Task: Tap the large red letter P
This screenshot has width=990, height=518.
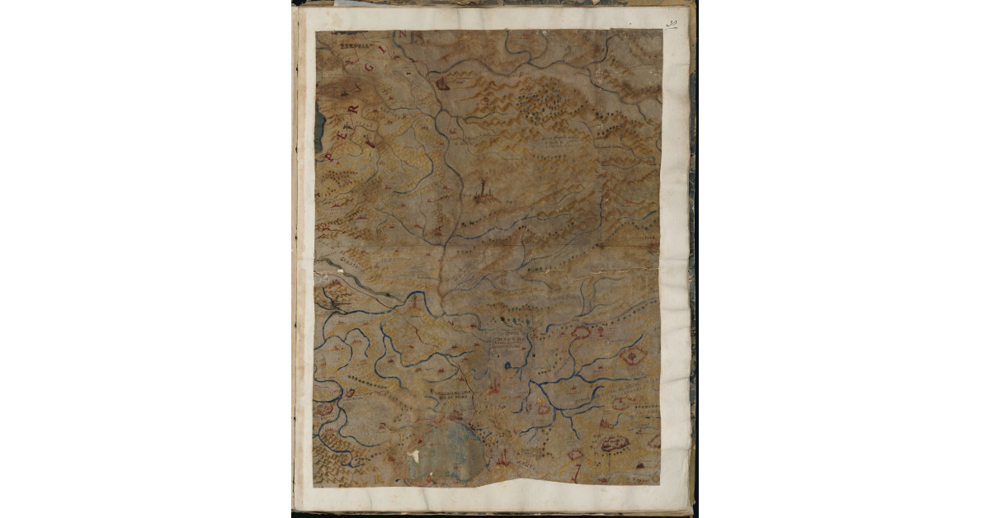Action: [x=332, y=154]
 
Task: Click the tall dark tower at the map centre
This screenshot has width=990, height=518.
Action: [x=483, y=192]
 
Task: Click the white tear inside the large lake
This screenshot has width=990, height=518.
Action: [x=415, y=454]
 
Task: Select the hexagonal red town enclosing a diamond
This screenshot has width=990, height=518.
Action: [x=633, y=356]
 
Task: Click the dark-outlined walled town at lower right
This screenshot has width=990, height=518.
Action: [x=615, y=443]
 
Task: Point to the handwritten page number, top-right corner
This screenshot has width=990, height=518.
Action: [x=672, y=25]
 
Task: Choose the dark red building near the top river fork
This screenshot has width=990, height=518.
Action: [x=442, y=83]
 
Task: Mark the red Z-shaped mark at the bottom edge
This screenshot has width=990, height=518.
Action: [x=577, y=472]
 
